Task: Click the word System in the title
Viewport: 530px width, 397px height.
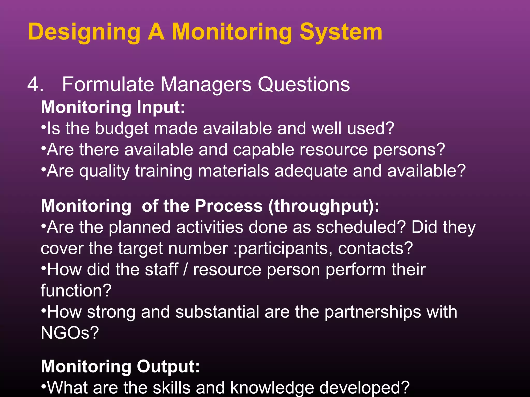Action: [341, 32]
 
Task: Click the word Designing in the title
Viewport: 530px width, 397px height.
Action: [84, 32]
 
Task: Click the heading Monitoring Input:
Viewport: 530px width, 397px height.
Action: [113, 107]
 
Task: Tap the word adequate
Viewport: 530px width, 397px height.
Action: [311, 171]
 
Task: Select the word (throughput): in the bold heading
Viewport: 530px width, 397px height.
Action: [324, 206]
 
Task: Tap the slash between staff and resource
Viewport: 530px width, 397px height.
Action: [185, 270]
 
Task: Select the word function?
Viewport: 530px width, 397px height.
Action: [76, 291]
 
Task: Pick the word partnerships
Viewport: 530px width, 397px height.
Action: [372, 312]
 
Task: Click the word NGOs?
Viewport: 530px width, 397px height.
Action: [70, 333]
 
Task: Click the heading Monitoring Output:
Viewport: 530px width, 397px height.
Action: [120, 367]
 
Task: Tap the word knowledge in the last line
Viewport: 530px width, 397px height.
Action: [272, 388]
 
